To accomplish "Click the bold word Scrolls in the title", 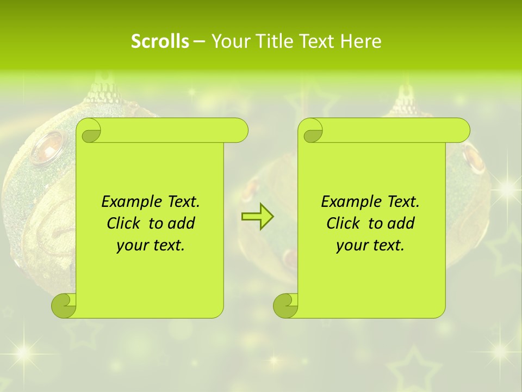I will (x=160, y=41).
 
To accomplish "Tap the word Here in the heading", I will (x=361, y=41).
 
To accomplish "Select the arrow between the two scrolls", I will (x=257, y=217).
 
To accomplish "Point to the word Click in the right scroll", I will (x=344, y=223).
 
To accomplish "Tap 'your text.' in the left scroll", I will (x=151, y=245).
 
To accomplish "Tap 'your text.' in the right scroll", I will (x=370, y=245).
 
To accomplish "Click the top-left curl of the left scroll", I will (x=89, y=131).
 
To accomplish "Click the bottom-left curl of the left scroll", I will (x=64, y=305).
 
